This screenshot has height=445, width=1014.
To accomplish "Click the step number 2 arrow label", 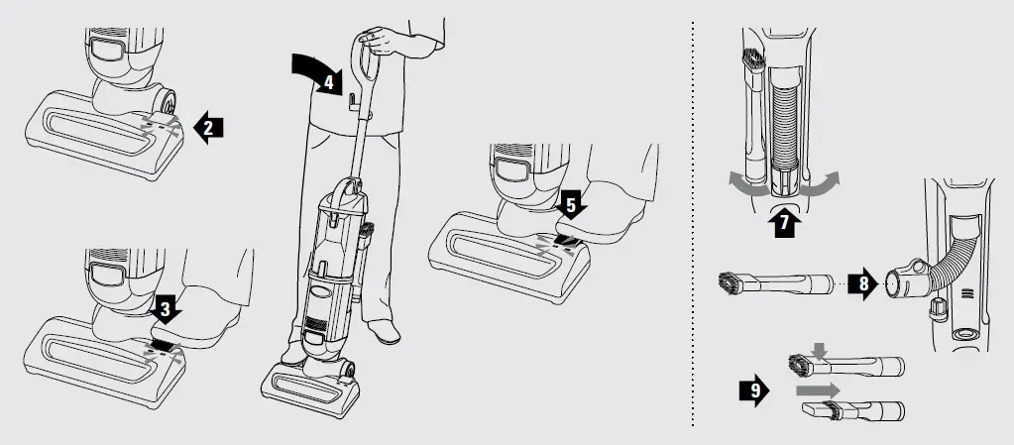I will point(209,128).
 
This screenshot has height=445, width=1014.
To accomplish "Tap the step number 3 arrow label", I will point(166,308).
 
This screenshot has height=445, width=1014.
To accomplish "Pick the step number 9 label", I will point(755,391).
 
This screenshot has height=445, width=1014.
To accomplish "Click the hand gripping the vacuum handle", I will point(374,39).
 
